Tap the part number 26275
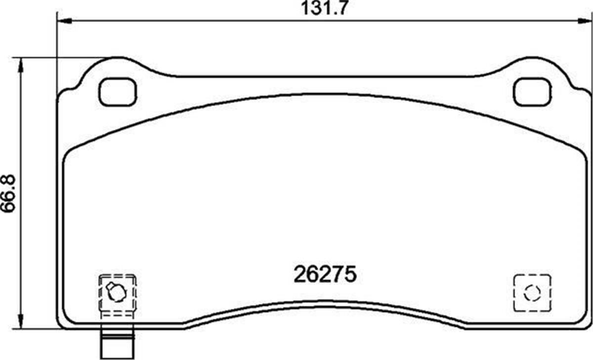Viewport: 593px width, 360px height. click(325, 275)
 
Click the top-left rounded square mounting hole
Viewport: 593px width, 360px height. click(118, 92)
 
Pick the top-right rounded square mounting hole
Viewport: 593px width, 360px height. click(532, 92)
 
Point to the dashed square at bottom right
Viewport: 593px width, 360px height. click(532, 293)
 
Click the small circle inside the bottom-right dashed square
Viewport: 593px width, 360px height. click(532, 293)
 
